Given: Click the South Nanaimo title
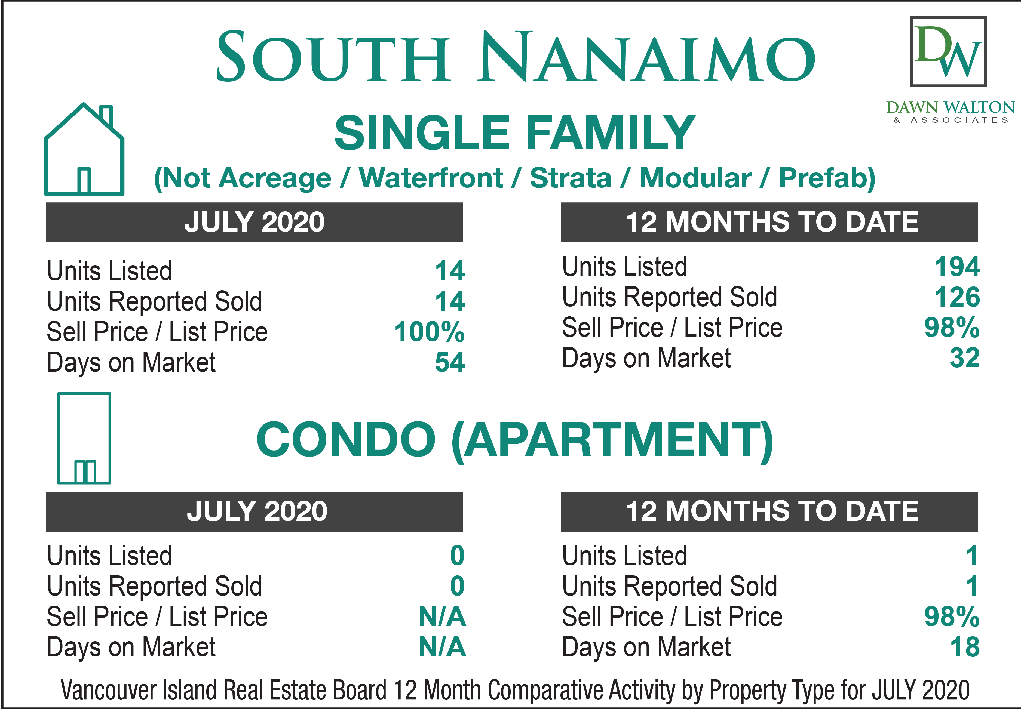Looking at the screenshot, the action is point(516,56).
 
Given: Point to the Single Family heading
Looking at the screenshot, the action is point(515,132).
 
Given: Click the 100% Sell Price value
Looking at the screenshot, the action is point(429,332).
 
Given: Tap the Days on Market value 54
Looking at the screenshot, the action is point(450,362).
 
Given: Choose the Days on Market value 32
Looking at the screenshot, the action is point(965,358).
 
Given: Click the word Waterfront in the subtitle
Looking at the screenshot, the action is point(431,178).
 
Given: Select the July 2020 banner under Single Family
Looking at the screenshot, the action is point(254,222).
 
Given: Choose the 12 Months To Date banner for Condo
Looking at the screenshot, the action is point(769,511).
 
